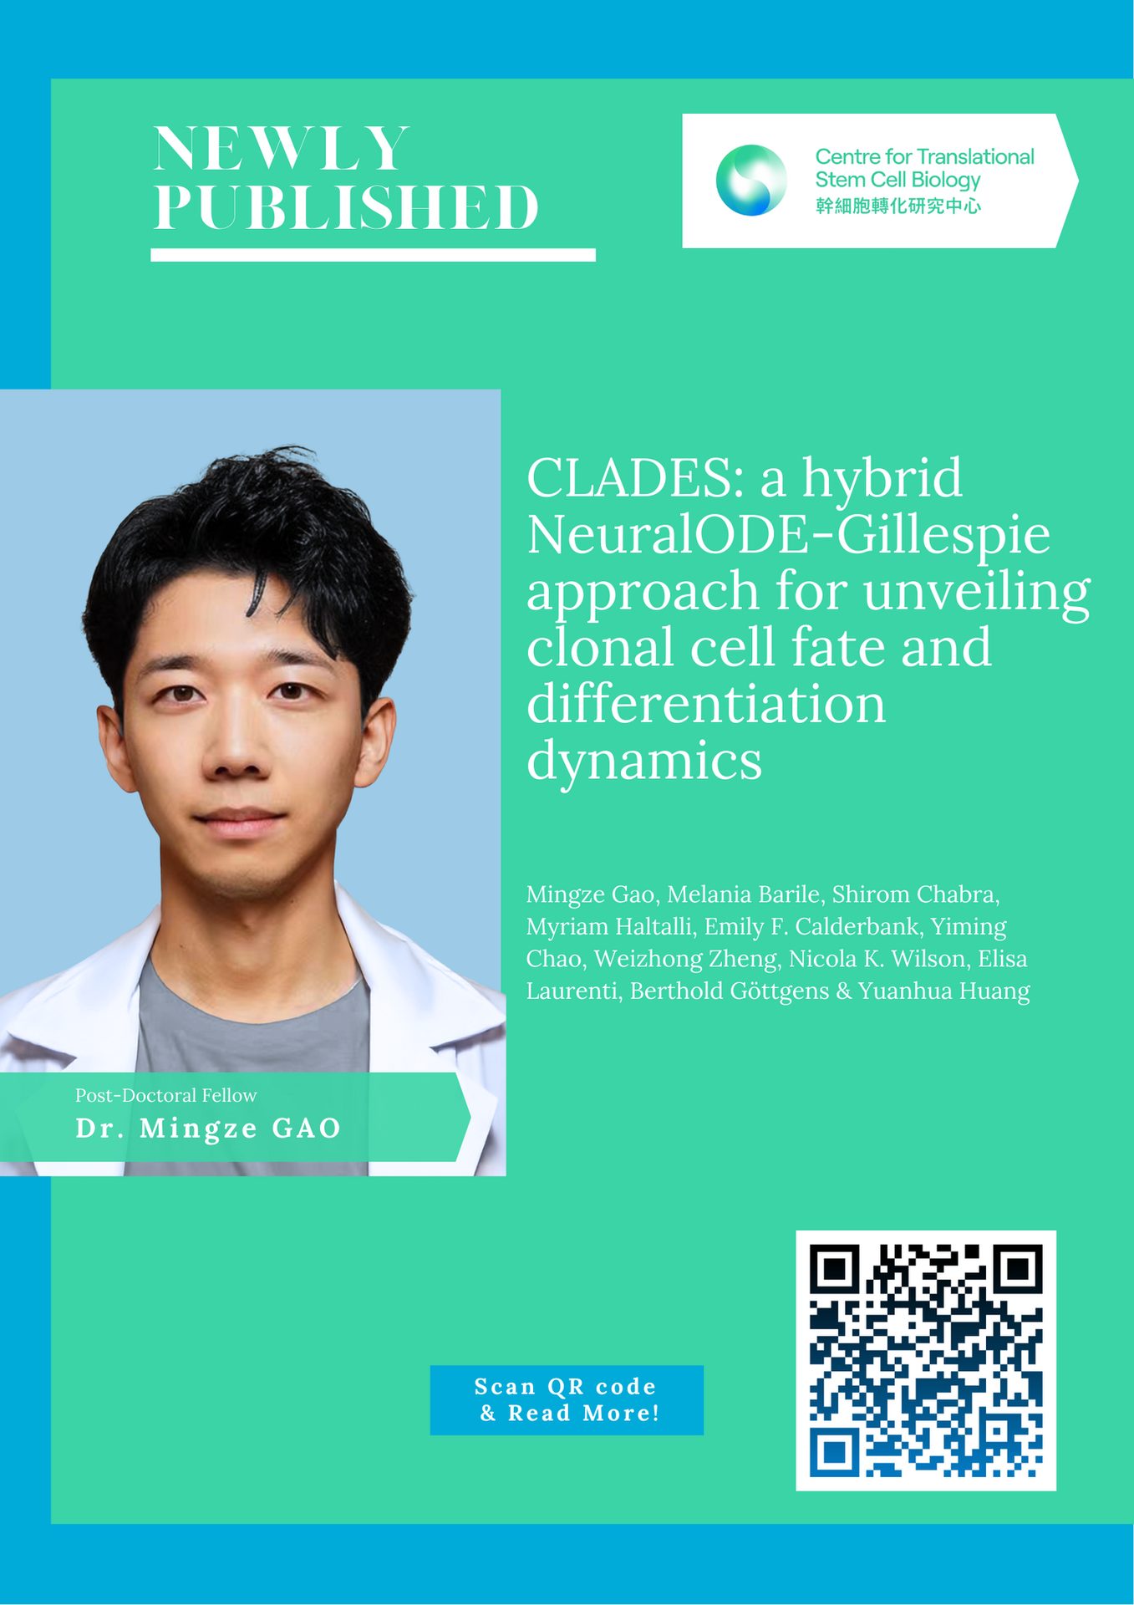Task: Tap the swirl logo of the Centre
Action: pos(751,180)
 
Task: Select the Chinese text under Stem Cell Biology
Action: pos(898,206)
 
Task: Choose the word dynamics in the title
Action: pos(644,760)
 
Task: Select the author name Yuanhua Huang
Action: pos(944,991)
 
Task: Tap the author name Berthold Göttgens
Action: pos(730,991)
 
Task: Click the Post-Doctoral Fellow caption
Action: pos(166,1095)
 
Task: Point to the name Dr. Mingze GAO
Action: pos(208,1129)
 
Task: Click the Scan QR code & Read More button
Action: pos(567,1400)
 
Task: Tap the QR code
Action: pos(926,1360)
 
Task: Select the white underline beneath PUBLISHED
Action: pos(373,255)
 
